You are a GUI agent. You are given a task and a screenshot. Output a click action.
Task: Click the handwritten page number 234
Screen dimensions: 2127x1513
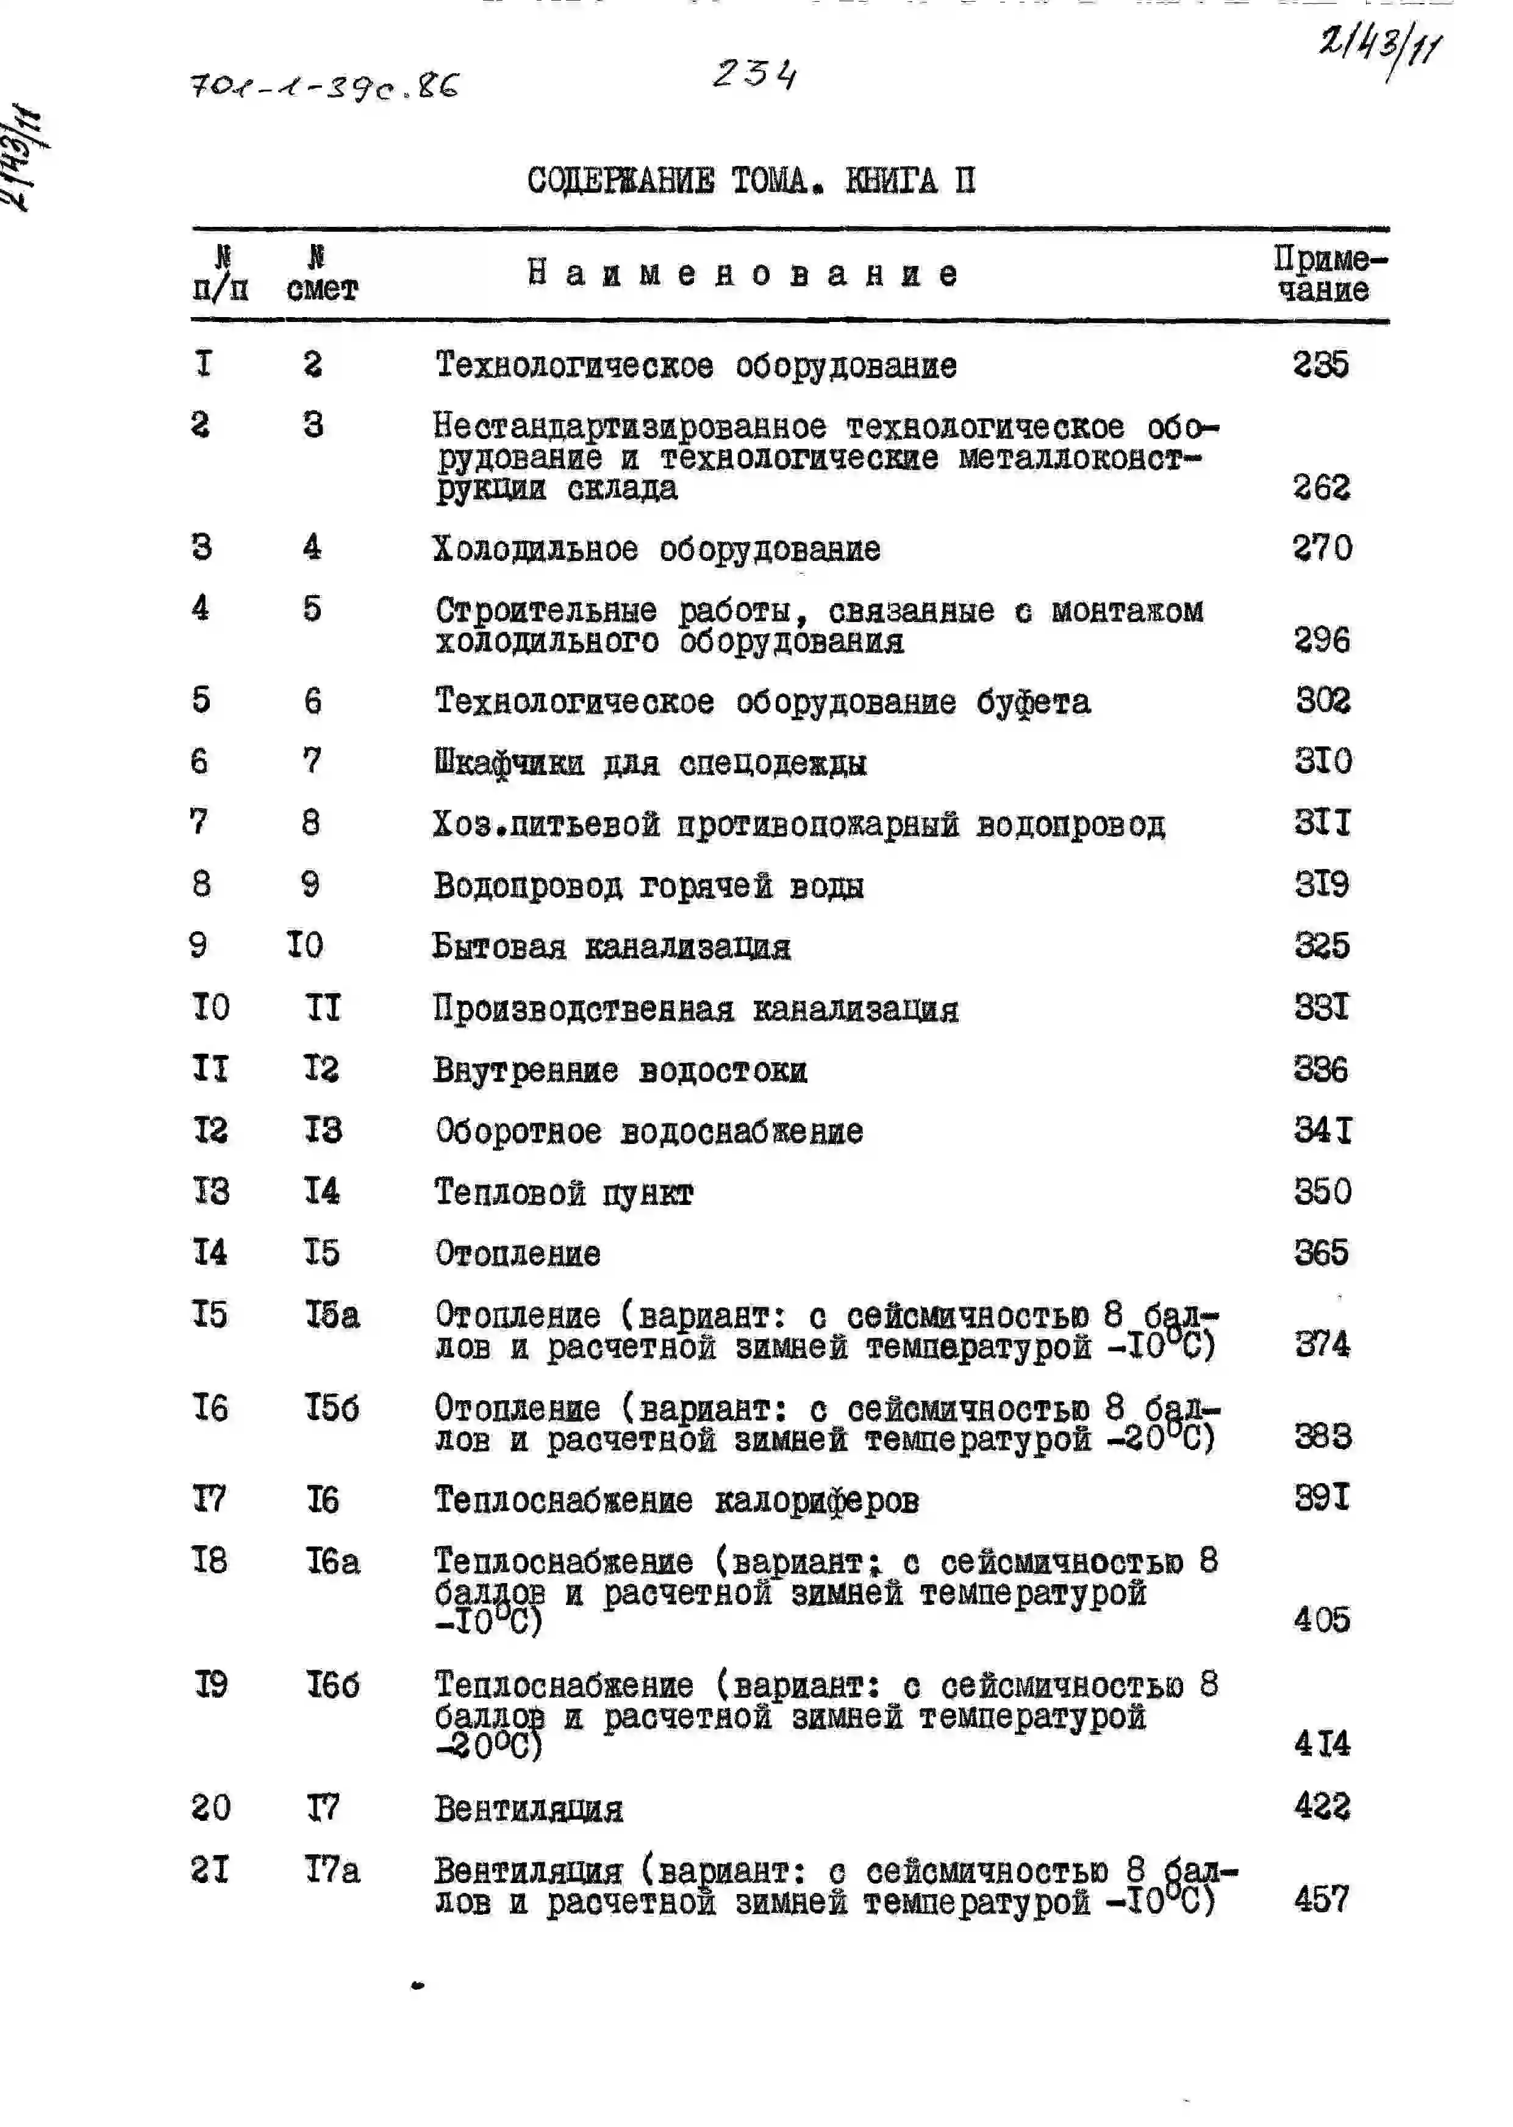[754, 74]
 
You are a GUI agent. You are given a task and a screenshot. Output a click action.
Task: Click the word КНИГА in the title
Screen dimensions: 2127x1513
[890, 180]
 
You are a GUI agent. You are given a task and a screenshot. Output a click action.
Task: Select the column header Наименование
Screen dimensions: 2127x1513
[743, 274]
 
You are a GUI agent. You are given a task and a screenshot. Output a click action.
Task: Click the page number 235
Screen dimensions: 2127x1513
[1320, 364]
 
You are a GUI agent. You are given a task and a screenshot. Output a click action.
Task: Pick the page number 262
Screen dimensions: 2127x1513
[1321, 487]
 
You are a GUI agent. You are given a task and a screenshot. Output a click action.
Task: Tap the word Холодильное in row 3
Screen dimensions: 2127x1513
[535, 549]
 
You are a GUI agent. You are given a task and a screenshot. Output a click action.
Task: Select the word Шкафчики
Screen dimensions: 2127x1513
[509, 763]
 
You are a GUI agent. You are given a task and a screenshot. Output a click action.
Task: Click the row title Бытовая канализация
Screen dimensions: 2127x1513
[611, 946]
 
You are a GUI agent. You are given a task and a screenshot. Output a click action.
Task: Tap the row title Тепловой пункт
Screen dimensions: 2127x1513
[563, 1193]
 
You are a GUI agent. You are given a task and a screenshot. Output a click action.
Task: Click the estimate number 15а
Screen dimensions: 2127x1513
[332, 1315]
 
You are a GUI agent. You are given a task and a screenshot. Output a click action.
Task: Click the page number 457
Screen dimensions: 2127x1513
[1321, 1899]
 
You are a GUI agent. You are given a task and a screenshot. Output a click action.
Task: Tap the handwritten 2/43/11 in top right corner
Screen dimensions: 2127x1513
[1379, 46]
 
